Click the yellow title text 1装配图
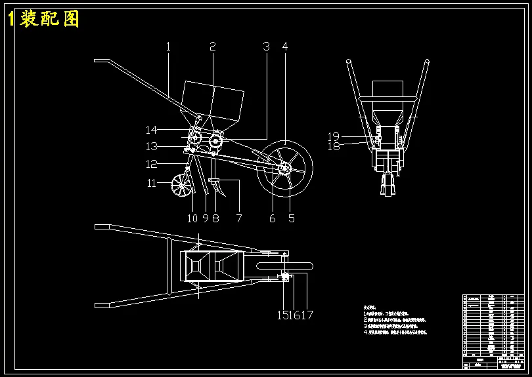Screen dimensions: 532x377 pyautogui.click(x=43, y=19)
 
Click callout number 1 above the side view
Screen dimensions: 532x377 pyautogui.click(x=168, y=47)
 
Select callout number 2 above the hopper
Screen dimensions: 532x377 pyautogui.click(x=213, y=47)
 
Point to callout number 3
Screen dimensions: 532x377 pyautogui.click(x=266, y=47)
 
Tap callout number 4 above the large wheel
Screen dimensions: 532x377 pyautogui.click(x=285, y=47)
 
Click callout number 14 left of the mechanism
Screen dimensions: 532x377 pyautogui.click(x=152, y=130)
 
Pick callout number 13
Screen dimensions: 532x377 pyautogui.click(x=152, y=147)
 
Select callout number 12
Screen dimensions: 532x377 pyautogui.click(x=152, y=165)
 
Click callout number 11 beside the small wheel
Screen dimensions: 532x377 pyautogui.click(x=152, y=184)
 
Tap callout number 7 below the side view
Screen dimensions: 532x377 pyautogui.click(x=239, y=218)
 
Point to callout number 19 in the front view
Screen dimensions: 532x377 pyautogui.click(x=334, y=136)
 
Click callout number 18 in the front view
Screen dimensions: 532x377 pyautogui.click(x=334, y=147)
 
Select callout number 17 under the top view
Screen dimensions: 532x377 pyautogui.click(x=307, y=315)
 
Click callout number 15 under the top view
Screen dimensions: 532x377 pyautogui.click(x=283, y=315)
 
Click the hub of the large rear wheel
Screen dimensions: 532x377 pyautogui.click(x=284, y=169)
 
